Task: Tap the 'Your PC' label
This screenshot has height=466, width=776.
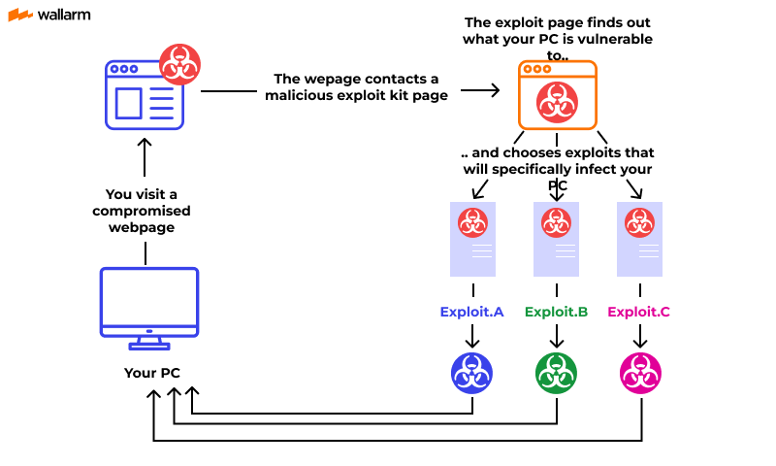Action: pyautogui.click(x=151, y=373)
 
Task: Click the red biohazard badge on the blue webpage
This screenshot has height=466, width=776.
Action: pyautogui.click(x=179, y=64)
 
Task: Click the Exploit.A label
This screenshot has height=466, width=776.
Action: pyautogui.click(x=471, y=312)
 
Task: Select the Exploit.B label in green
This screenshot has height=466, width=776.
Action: pyautogui.click(x=556, y=312)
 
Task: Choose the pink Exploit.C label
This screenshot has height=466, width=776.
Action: pyautogui.click(x=639, y=312)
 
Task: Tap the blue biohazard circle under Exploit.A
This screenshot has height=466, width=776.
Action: pyautogui.click(x=472, y=373)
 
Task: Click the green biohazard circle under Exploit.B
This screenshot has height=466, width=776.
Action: pyautogui.click(x=556, y=373)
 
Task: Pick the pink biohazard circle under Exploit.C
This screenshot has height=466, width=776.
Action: pyautogui.click(x=639, y=373)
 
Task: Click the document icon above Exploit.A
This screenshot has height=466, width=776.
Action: pyautogui.click(x=472, y=237)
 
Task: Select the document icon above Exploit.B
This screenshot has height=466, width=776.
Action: pyautogui.click(x=556, y=237)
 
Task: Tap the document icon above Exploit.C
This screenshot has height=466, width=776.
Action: pyautogui.click(x=639, y=237)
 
